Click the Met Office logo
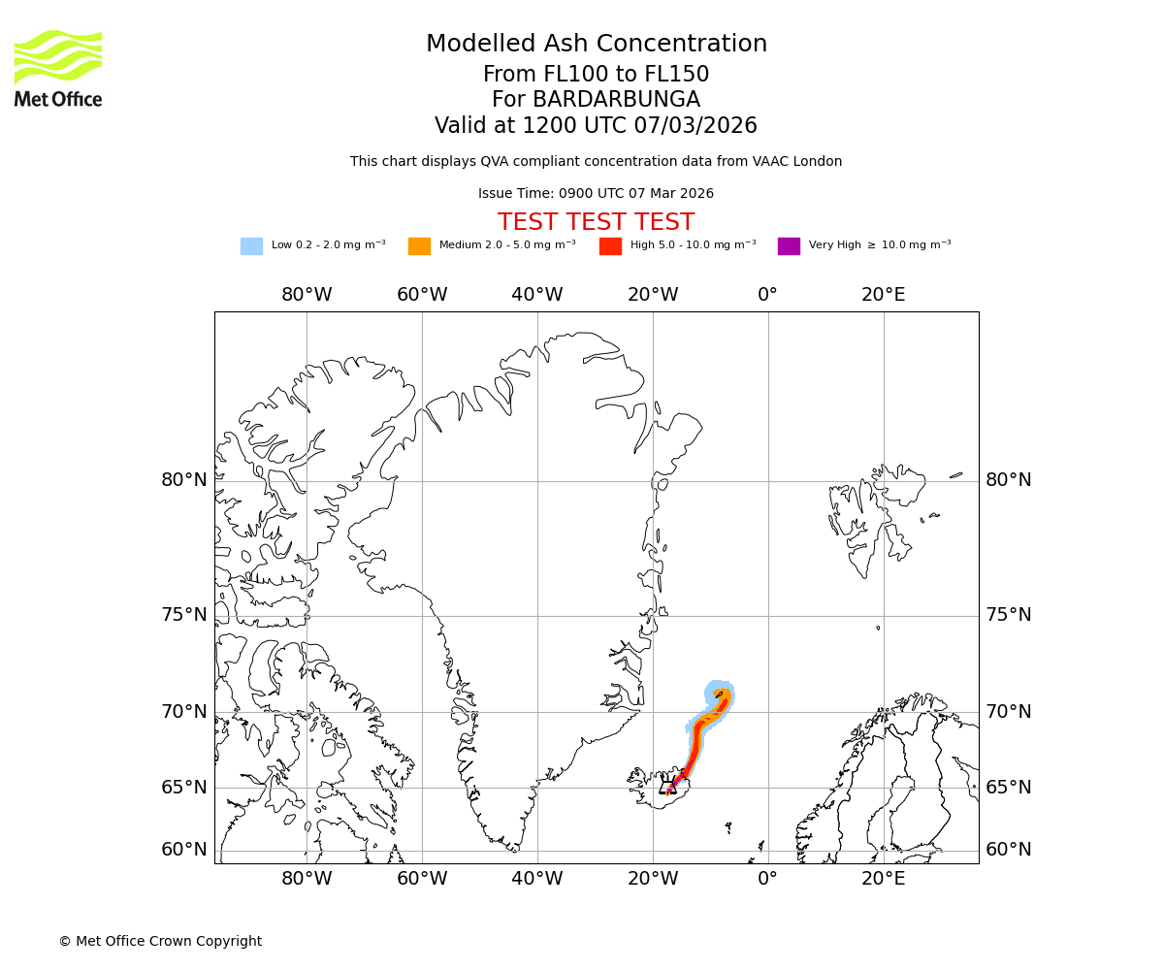(58, 68)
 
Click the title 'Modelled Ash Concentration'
(597, 45)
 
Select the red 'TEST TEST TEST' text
(596, 222)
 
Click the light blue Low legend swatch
(251, 246)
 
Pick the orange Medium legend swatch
(419, 246)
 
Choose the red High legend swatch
(610, 246)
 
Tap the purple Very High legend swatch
(789, 246)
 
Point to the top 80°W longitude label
(307, 295)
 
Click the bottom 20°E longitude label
(883, 879)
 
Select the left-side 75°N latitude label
(184, 615)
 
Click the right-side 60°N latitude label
(1009, 850)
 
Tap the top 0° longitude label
(767, 295)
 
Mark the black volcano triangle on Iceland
(668, 786)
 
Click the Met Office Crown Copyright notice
(160, 942)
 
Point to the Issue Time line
(596, 194)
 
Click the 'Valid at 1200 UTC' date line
(596, 126)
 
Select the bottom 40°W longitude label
(536, 879)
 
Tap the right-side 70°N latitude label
(1009, 712)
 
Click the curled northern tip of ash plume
(720, 693)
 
